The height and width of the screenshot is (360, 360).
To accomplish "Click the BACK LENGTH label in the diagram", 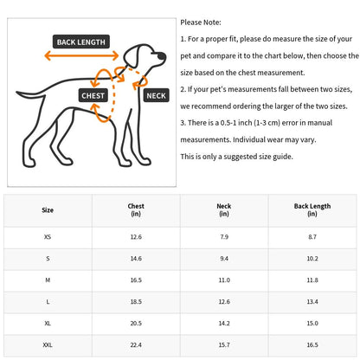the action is [x=81, y=42].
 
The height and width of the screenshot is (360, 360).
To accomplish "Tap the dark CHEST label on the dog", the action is [x=93, y=95].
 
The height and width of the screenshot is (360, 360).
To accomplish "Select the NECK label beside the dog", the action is [x=156, y=95].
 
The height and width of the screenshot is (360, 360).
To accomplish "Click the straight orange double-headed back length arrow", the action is [x=81, y=55].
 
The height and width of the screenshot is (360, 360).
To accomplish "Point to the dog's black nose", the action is [x=162, y=55].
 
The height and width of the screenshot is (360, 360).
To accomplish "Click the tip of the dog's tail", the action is [x=17, y=93].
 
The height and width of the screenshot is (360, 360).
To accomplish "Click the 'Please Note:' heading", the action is [x=201, y=22].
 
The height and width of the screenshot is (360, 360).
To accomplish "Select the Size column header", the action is [x=48, y=210].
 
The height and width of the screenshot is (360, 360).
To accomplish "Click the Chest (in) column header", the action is [x=136, y=209].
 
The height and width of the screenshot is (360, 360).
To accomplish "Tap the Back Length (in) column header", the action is [x=312, y=209].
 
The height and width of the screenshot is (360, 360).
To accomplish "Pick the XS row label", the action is [x=48, y=237].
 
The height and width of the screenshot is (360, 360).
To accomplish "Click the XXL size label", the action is [x=48, y=344].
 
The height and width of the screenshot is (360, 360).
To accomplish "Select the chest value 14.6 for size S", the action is [x=136, y=259].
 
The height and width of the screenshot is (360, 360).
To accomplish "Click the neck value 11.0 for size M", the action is [x=224, y=280].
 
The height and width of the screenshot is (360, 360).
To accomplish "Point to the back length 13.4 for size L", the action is [x=312, y=302].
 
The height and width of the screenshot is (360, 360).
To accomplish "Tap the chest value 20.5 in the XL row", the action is [x=136, y=324].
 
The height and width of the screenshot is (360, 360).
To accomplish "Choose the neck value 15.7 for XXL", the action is [x=224, y=344].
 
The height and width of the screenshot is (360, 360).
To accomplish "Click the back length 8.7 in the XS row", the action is [x=312, y=237].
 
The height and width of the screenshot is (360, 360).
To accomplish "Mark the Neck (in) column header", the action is [x=224, y=209].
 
